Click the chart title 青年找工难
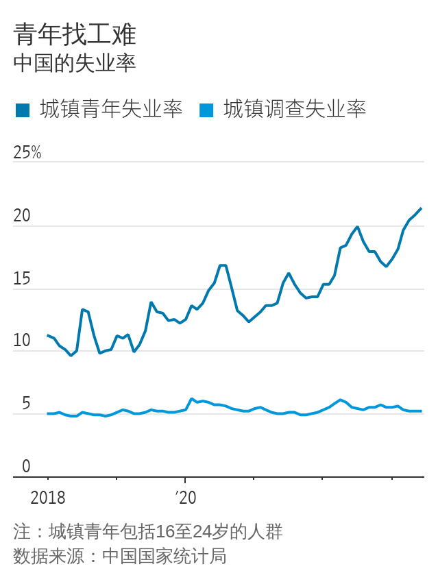point(75,34)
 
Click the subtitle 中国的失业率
point(75,63)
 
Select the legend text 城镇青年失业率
point(111,109)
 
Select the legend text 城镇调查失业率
point(295,109)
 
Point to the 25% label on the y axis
point(27,152)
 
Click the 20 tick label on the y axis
point(22,215)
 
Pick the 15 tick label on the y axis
point(22,278)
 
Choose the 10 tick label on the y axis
point(22,341)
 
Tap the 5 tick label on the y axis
point(26,404)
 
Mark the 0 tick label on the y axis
point(26,466)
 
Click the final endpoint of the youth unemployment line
point(421,208)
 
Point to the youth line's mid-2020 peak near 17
point(223,265)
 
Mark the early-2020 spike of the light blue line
point(192,399)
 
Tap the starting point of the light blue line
point(47,413)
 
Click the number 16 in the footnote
point(165,532)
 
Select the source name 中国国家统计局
point(165,556)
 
